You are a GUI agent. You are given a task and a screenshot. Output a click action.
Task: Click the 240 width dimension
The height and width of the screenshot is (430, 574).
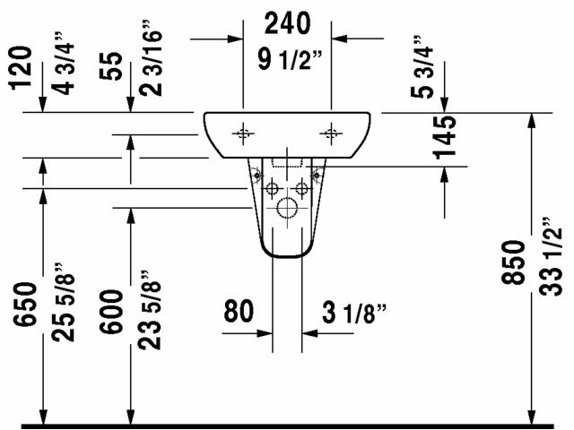[288, 23]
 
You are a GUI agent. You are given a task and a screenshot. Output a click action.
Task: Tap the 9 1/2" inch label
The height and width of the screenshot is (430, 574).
[290, 59]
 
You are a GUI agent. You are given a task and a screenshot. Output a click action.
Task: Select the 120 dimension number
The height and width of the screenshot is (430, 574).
[21, 68]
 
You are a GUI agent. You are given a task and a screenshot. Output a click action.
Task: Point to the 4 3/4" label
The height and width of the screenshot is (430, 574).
[64, 64]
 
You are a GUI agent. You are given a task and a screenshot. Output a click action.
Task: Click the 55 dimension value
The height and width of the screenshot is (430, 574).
[111, 65]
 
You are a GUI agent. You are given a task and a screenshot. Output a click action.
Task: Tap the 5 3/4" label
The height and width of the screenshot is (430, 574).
[422, 67]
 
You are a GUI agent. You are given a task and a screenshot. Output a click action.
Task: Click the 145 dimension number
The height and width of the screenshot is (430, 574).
[445, 137]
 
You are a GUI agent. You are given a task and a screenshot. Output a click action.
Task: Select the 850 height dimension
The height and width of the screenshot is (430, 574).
[513, 262]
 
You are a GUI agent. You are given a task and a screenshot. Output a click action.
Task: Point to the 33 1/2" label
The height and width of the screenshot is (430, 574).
[550, 257]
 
